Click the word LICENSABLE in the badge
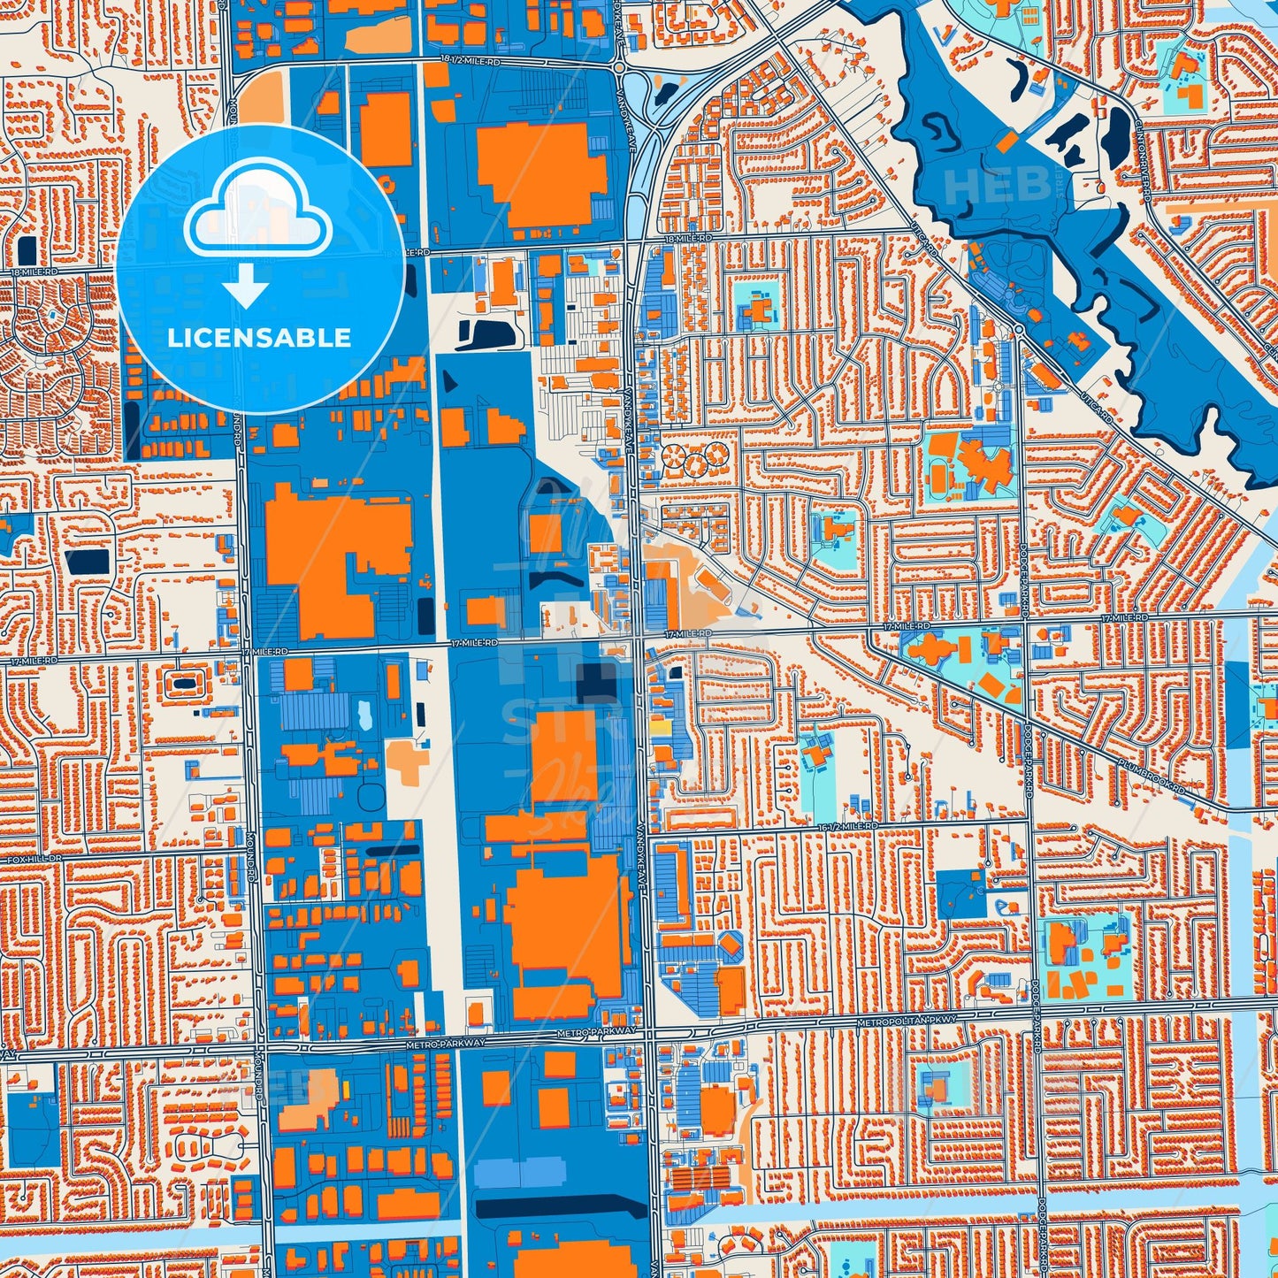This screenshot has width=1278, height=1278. click(259, 338)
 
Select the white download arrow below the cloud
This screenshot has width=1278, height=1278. click(246, 285)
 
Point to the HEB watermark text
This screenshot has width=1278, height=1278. click(997, 187)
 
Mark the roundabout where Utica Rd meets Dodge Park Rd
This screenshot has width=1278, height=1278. click(1019, 329)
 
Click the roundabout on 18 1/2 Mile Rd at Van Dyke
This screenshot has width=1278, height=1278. click(619, 67)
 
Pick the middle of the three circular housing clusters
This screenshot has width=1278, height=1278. click(693, 458)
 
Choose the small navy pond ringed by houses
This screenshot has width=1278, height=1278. click(184, 683)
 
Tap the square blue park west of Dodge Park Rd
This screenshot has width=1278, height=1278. click(960, 893)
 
